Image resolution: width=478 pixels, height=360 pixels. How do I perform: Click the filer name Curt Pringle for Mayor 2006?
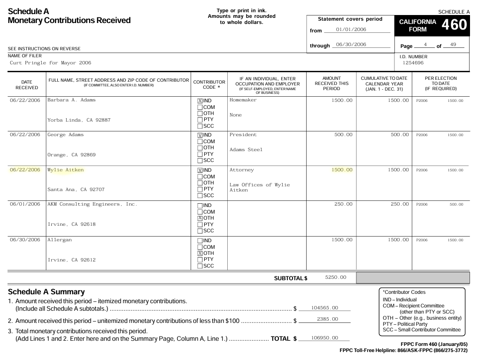pyautogui.click(x=50, y=63)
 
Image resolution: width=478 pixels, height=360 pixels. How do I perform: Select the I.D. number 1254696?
pyautogui.click(x=413, y=63)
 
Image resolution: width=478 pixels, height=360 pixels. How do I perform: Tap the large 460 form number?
pyautogui.click(x=454, y=25)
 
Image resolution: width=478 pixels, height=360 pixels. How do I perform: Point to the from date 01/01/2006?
pyautogui.click(x=351, y=30)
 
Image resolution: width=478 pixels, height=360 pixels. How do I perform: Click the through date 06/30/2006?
pyautogui.click(x=351, y=45)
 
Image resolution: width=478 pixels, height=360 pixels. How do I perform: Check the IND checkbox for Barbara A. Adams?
pyautogui.click(x=200, y=101)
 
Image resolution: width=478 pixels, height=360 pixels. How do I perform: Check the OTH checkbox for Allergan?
pyautogui.click(x=200, y=253)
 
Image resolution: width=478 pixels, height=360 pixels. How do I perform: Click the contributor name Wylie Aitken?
pyautogui.click(x=66, y=170)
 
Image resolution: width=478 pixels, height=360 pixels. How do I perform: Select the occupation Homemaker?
pyautogui.click(x=243, y=100)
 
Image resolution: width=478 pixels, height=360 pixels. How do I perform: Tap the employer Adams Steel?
pyautogui.click(x=246, y=150)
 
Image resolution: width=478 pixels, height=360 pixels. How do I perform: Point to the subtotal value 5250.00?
pyautogui.click(x=336, y=277)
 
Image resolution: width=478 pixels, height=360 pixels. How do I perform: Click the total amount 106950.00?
pyautogui.click(x=324, y=338)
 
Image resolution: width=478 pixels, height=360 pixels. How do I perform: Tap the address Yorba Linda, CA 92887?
pyautogui.click(x=79, y=120)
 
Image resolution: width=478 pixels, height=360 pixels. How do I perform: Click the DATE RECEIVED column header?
pyautogui.click(x=27, y=85)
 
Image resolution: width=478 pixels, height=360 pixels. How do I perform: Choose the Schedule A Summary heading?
pyautogui.click(x=46, y=292)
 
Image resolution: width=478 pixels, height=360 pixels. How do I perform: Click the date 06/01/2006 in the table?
pyautogui.click(x=25, y=204)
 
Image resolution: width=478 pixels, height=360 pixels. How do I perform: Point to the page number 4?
pyautogui.click(x=425, y=45)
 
